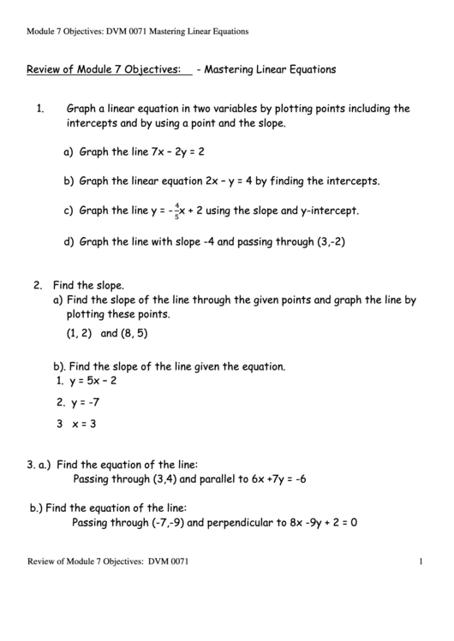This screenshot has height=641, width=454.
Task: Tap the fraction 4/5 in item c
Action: point(176,211)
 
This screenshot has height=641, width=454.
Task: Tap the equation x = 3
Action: point(83,424)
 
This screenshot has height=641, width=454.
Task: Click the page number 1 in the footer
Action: point(422,561)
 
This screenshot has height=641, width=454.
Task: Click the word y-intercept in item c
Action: point(329,211)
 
